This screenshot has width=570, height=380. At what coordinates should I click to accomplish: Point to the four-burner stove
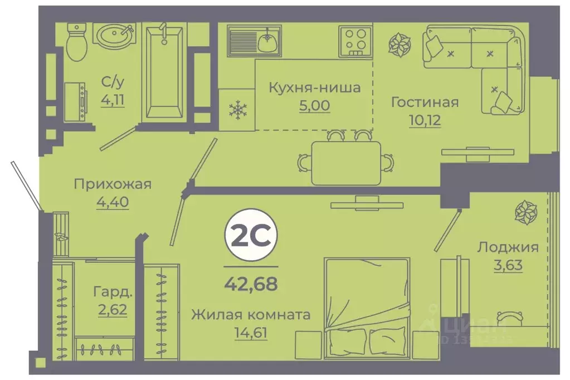pos(354,40)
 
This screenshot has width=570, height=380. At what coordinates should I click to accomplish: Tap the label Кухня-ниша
pos(314,87)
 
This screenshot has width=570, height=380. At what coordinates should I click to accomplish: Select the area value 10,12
pos(423,120)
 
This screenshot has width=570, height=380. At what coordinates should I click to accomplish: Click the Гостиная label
pos(425,103)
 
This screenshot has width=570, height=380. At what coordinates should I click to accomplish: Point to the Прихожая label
pos(113,184)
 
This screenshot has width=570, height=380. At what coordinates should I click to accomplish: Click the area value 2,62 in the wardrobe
pos(113,308)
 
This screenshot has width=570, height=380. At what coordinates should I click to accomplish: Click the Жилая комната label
pos(251,315)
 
